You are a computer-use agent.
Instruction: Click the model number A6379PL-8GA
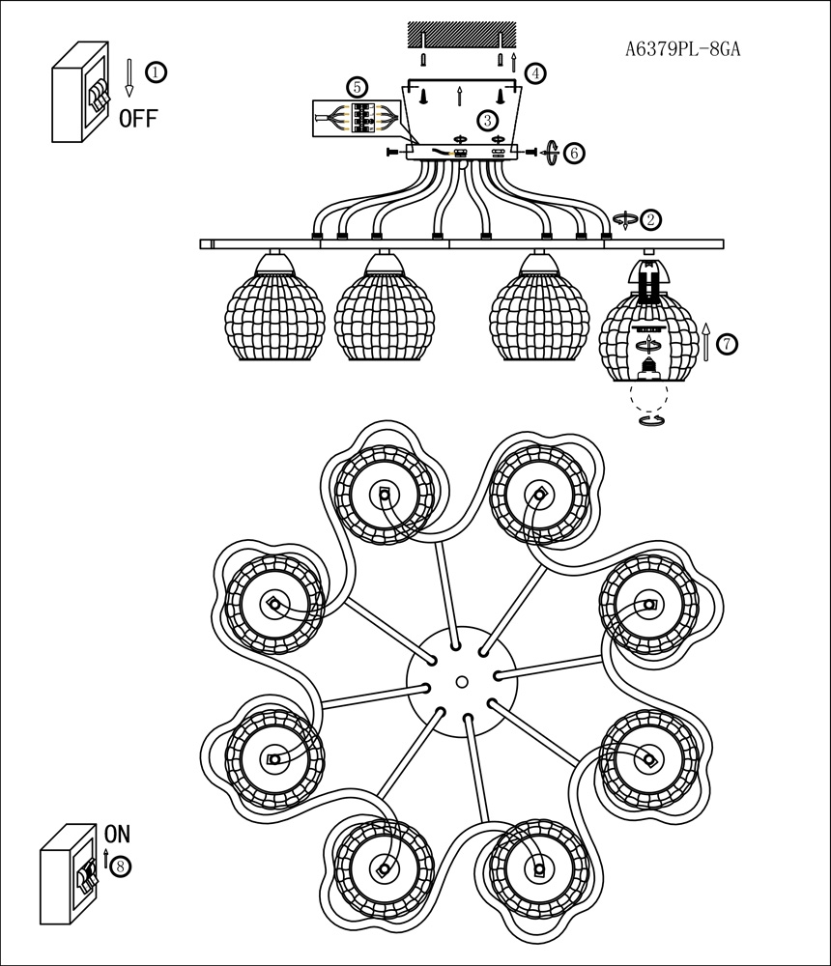tap(683, 48)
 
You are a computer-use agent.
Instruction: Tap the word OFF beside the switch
tap(138, 119)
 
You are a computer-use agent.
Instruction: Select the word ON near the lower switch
tap(117, 833)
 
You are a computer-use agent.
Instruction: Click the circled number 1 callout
tap(156, 71)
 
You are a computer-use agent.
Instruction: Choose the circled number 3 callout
tap(488, 120)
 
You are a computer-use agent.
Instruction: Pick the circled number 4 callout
tap(534, 72)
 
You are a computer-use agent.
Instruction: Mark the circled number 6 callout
tap(574, 153)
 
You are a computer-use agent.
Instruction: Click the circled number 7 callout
tap(727, 343)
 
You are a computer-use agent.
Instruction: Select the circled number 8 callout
tap(120, 866)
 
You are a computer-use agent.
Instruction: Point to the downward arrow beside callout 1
tap(129, 77)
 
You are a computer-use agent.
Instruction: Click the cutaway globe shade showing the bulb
tap(647, 333)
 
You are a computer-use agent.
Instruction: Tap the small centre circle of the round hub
tap(461, 682)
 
